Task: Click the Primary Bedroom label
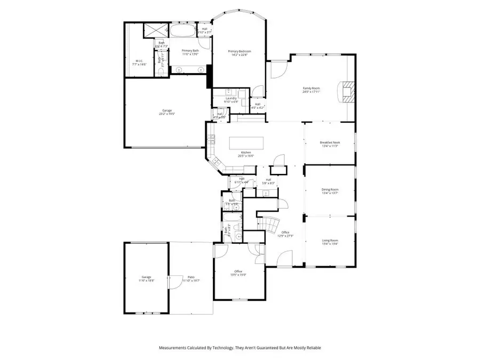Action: tap(239, 51)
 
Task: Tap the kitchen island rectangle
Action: tap(247, 143)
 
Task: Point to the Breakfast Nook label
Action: tap(330, 142)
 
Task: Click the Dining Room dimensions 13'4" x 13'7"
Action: tap(330, 193)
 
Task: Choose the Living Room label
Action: tap(330, 241)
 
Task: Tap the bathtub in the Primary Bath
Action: tap(183, 31)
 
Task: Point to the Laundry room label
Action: tap(231, 98)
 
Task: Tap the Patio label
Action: tap(190, 277)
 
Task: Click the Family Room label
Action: tap(311, 88)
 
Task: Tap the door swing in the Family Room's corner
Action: tap(278, 69)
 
